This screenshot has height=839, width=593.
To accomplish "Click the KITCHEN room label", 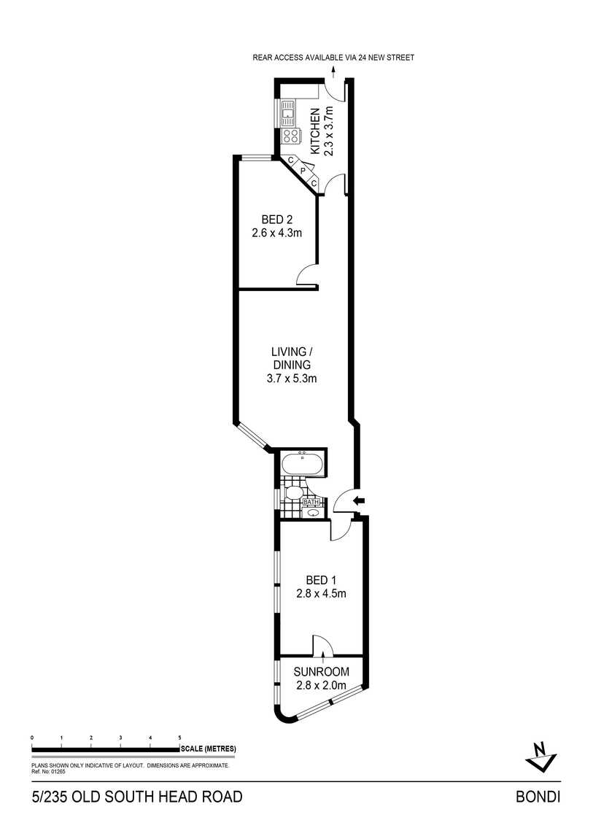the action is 316,131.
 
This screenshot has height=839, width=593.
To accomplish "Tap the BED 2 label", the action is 276,220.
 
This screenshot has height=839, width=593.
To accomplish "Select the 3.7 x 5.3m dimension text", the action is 292,379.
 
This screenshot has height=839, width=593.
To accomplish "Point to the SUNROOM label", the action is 322,671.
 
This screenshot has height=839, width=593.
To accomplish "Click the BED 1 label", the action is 321,580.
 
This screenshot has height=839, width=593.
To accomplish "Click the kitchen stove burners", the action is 291,136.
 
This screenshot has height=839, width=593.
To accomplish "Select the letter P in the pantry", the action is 303,171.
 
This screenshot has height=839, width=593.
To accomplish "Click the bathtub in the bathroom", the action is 302,463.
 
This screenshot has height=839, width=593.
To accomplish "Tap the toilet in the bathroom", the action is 293,492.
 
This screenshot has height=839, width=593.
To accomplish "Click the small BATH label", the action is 311,503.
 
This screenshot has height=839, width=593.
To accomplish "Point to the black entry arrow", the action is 360,500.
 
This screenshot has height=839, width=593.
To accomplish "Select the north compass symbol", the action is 542,756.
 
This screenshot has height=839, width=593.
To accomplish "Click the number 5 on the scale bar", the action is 179,738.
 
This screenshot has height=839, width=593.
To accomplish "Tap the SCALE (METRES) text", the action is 209,749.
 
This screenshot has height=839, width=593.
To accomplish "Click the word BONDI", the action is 538,797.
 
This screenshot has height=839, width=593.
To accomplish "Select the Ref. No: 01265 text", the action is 48,772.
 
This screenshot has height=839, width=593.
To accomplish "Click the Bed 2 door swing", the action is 308,276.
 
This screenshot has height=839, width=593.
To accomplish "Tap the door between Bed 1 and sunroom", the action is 323,645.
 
